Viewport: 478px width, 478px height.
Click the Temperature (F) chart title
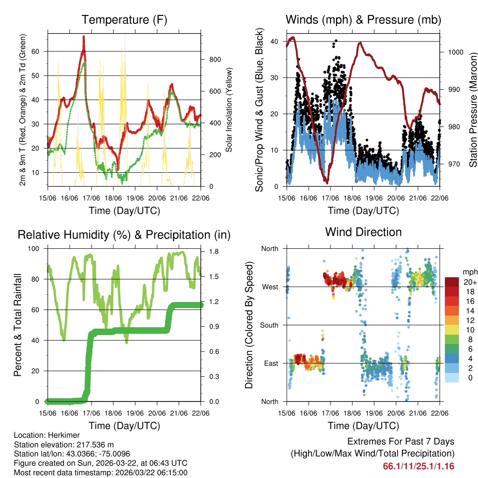(x=124, y=20)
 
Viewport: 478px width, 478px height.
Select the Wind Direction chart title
(x=363, y=232)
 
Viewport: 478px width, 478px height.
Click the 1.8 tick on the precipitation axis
(x=211, y=252)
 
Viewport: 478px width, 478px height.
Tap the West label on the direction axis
(x=270, y=287)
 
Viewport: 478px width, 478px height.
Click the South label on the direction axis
(x=269, y=325)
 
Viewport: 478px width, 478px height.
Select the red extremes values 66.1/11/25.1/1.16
(x=419, y=466)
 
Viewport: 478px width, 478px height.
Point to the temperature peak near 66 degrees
(x=84, y=36)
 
